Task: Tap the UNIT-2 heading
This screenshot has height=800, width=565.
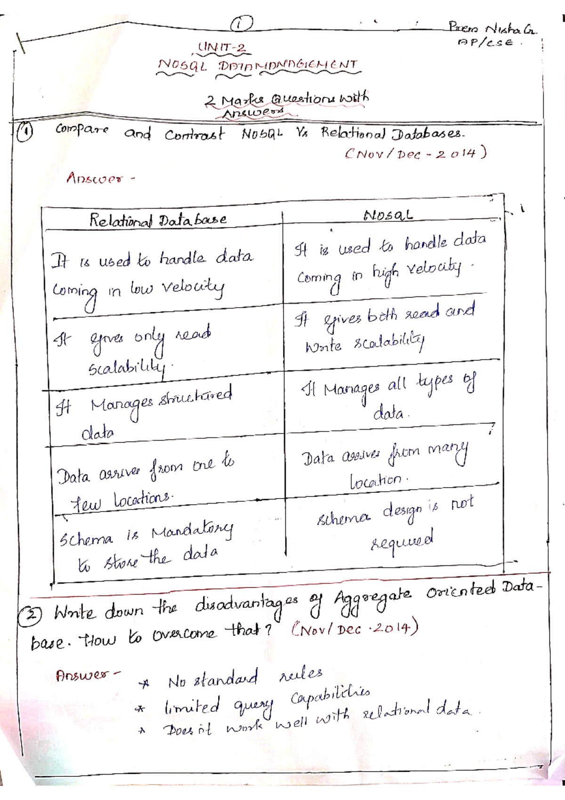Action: coord(222,48)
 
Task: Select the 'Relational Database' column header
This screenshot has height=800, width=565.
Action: coord(158,220)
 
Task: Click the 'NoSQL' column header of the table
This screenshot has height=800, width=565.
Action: coord(388,215)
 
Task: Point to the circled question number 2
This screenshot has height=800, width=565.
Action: coord(31,615)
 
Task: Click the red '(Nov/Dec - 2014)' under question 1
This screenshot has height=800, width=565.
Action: coord(415,154)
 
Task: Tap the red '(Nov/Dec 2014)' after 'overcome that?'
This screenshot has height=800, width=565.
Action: coord(354,629)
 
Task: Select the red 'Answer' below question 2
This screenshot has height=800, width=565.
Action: coord(86,675)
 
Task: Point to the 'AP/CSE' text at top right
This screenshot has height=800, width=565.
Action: coord(485,42)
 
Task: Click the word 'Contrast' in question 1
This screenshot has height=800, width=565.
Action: coord(194,135)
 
